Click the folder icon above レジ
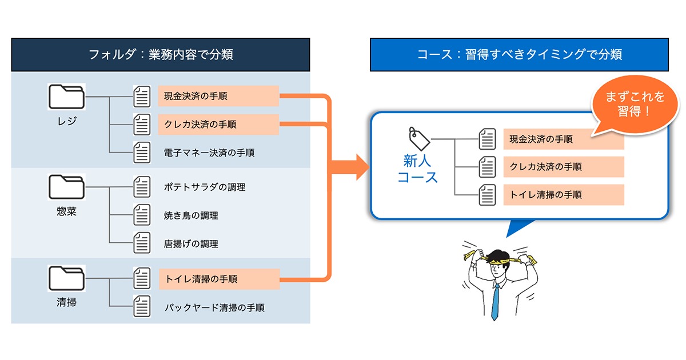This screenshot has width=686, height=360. coord(66,97)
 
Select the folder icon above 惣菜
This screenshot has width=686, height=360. coord(66,187)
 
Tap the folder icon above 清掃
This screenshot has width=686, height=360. coord(66,278)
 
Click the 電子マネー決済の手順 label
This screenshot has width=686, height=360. coord(209,153)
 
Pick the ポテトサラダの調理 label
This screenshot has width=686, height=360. coord(205,187)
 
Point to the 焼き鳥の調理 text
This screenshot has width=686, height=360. coord(191,215)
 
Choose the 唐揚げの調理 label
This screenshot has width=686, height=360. coord(191,243)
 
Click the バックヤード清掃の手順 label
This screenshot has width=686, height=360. coord(214,307)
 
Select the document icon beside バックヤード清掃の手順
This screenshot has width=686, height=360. coord(142,306)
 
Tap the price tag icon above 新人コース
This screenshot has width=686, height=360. coord(419,139)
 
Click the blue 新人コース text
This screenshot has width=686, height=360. coord(417,169)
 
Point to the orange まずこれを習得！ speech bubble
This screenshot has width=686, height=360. coord(635,105)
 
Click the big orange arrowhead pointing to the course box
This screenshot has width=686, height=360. coord(362,167)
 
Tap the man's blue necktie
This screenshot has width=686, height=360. coord(495,302)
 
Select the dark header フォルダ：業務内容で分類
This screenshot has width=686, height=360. coord(161,54)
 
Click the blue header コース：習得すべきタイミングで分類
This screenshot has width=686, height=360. coord(520,54)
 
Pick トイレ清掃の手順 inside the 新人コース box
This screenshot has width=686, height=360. coord(546,195)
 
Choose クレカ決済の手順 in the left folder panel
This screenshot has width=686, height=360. coord(200,125)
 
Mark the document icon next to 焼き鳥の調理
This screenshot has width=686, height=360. coord(142,215)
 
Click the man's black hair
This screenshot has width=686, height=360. coord(499,257)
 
